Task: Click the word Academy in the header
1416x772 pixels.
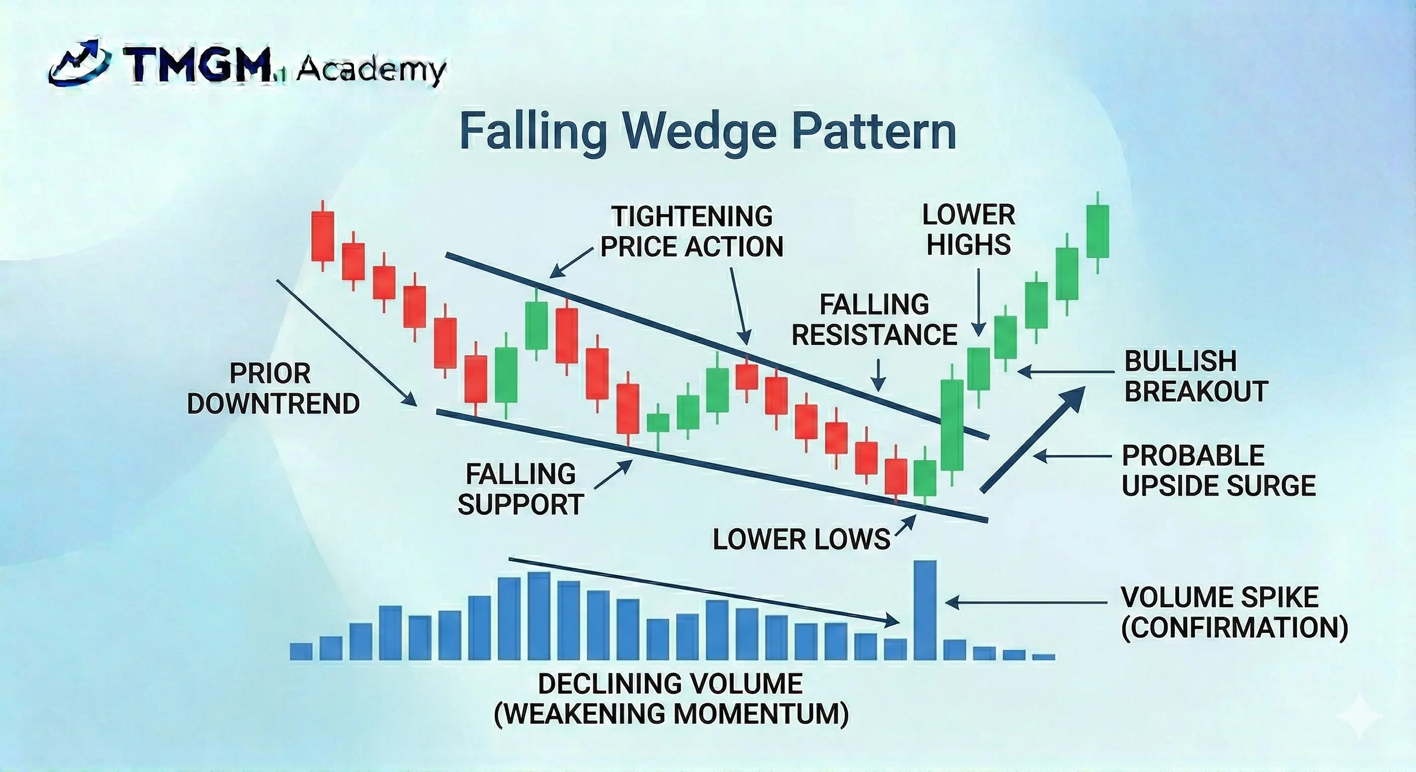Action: pyautogui.click(x=371, y=70)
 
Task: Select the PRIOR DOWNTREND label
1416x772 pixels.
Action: pyautogui.click(x=273, y=389)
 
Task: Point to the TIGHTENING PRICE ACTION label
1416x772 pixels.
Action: pyautogui.click(x=691, y=231)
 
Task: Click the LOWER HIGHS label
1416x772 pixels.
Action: pyautogui.click(x=968, y=229)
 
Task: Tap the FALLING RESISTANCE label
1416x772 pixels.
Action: pyautogui.click(x=874, y=320)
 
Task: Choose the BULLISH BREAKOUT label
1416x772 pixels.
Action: pyautogui.click(x=1196, y=376)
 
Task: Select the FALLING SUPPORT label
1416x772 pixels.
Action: pyautogui.click(x=520, y=489)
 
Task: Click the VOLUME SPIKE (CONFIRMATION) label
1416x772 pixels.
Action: pyautogui.click(x=1234, y=612)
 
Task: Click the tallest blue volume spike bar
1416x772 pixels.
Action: pyautogui.click(x=925, y=610)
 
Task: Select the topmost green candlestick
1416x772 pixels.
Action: pyautogui.click(x=1097, y=231)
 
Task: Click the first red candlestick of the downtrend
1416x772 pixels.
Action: pyautogui.click(x=323, y=236)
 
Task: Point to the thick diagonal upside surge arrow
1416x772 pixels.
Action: pyautogui.click(x=1032, y=440)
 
